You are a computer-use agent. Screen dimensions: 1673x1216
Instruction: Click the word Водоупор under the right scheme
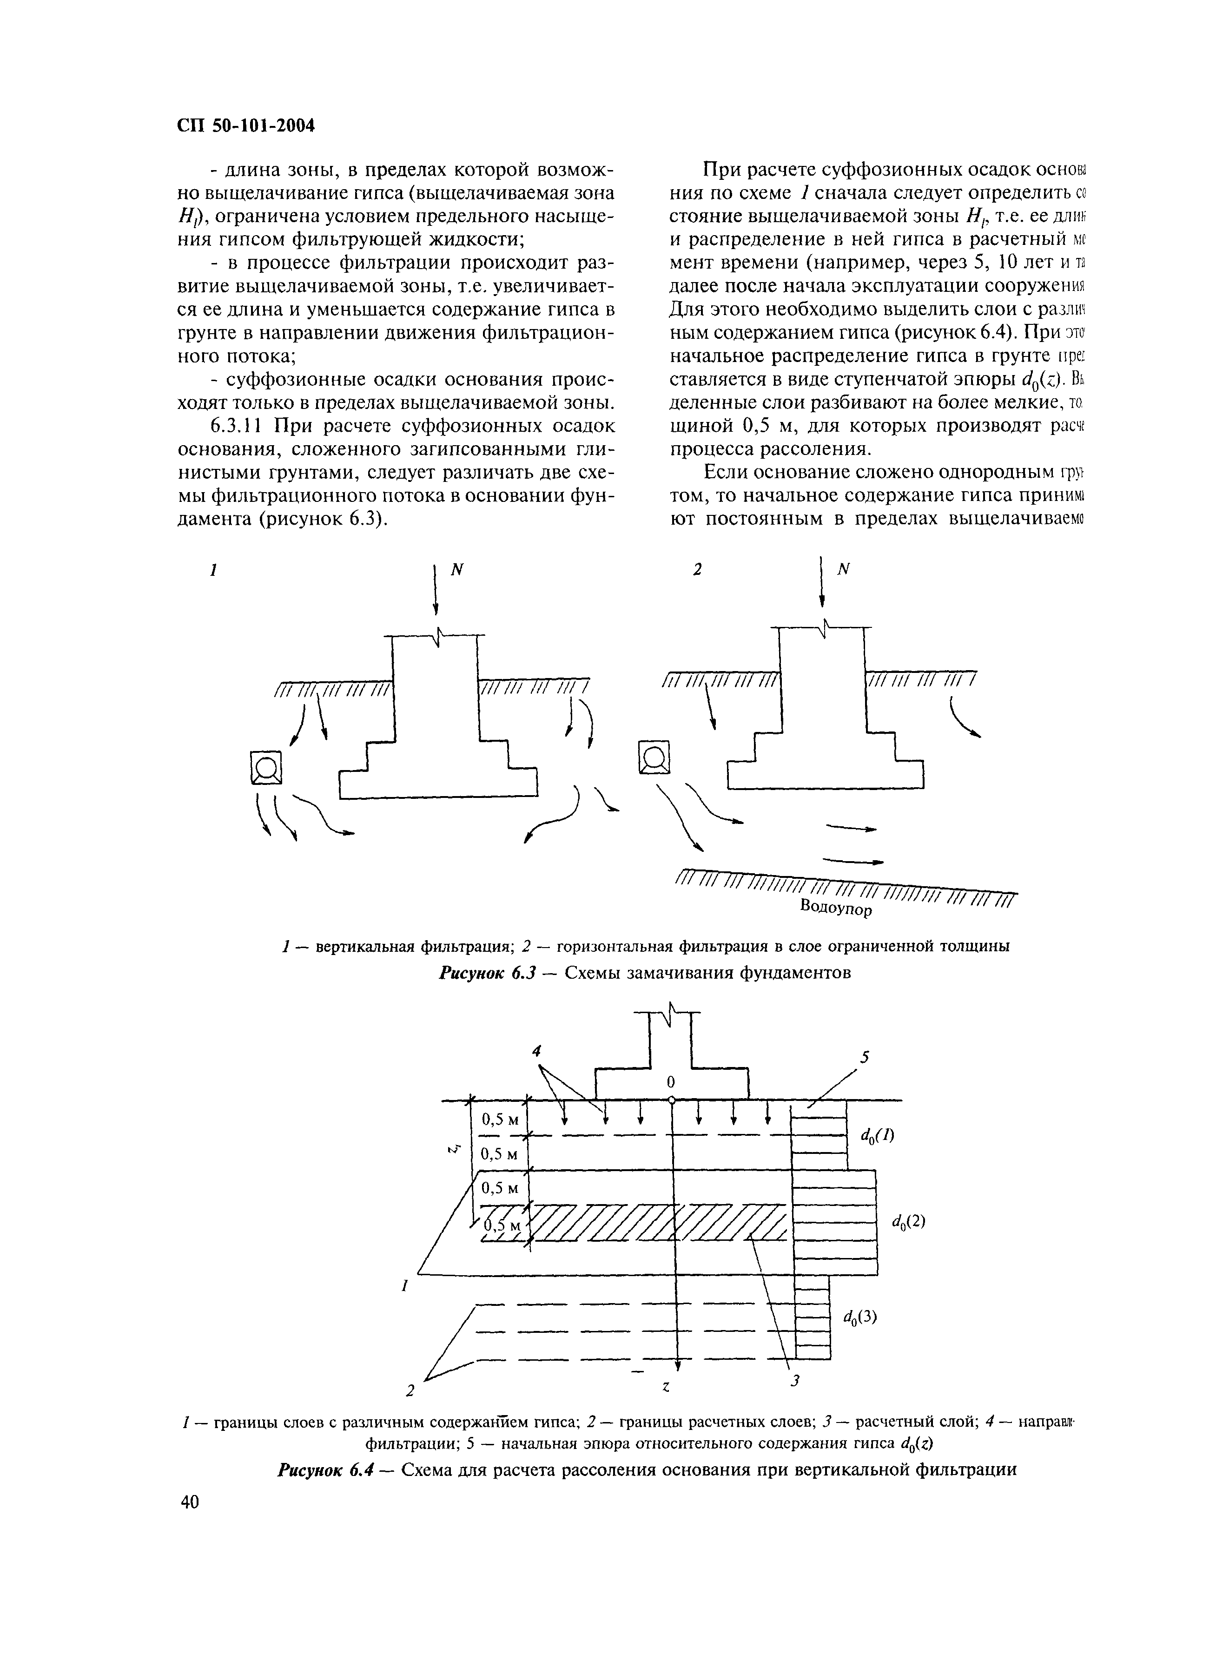[836, 907]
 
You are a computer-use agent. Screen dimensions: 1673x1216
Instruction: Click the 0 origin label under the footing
[671, 1082]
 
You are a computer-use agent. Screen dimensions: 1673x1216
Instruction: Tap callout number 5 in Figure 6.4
[864, 1057]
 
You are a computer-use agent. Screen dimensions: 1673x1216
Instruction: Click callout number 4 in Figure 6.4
[537, 1050]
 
